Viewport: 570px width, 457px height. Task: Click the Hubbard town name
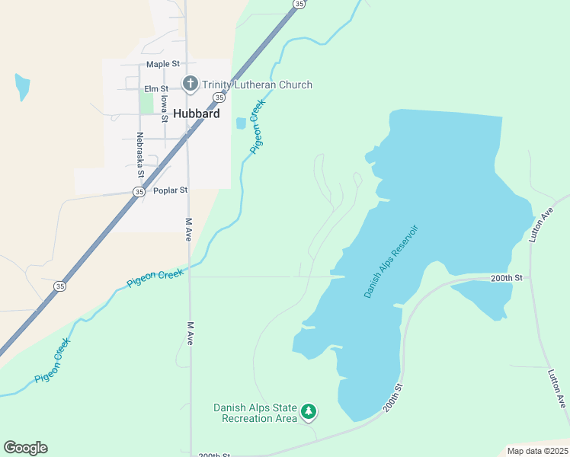(197, 113)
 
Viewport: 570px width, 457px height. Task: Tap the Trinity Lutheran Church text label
(257, 85)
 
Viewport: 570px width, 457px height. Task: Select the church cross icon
(190, 84)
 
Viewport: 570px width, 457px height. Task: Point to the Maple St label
(163, 65)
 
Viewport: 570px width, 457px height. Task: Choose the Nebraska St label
(140, 155)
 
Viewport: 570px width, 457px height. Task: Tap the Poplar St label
(170, 190)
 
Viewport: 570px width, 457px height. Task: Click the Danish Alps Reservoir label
(392, 260)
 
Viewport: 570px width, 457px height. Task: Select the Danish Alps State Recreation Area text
(255, 413)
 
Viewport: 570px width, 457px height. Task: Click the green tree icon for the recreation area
(309, 412)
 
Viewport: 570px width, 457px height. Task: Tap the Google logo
(25, 448)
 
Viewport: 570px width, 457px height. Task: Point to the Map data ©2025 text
(537, 451)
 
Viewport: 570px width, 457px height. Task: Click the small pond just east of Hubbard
(242, 123)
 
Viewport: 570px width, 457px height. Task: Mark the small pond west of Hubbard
(22, 85)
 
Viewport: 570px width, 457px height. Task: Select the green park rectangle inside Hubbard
(146, 103)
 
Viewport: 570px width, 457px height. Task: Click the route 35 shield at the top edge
(299, 4)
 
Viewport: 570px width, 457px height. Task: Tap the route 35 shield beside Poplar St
(138, 192)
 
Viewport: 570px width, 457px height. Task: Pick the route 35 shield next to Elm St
(219, 97)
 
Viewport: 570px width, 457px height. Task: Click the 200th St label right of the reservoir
(507, 278)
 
